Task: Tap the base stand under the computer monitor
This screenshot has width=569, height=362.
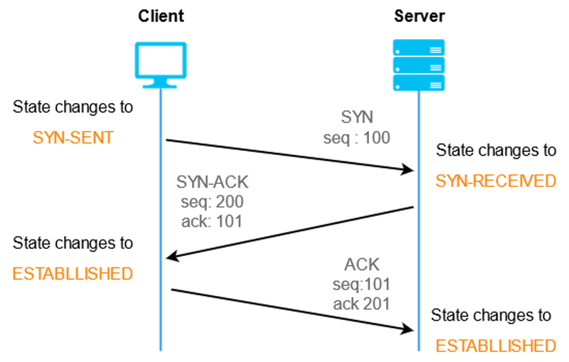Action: click(161, 87)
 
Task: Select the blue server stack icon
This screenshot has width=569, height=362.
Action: click(419, 65)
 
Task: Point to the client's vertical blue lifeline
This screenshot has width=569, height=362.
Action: click(161, 213)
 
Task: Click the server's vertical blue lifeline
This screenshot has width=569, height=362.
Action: click(419, 213)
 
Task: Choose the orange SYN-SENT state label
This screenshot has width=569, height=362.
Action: click(73, 137)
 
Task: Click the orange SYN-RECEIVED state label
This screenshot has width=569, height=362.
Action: click(495, 181)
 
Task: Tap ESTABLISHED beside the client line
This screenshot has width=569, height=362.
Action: click(73, 273)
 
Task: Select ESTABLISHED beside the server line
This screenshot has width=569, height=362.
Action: click(495, 346)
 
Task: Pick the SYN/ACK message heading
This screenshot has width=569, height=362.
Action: click(212, 182)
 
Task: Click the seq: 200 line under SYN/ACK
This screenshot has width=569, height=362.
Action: click(212, 202)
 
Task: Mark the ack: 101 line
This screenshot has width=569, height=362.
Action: click(212, 221)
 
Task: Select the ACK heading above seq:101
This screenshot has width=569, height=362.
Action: click(361, 266)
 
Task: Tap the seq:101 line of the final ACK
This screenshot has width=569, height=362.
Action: click(361, 285)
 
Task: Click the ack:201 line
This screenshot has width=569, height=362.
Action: click(361, 304)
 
